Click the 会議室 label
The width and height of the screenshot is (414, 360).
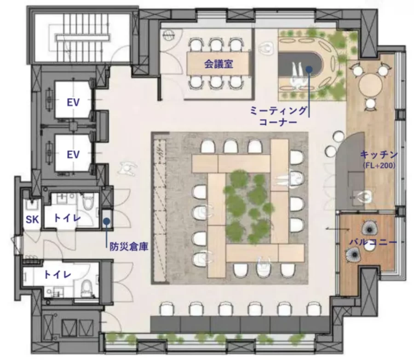[218, 64]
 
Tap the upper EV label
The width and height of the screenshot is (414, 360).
[73, 102]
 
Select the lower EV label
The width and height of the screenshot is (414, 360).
[73, 154]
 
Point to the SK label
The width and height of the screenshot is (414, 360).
[32, 220]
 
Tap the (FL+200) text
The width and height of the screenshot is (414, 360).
[379, 166]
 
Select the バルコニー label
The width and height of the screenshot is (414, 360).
[374, 242]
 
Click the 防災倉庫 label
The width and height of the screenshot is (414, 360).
[129, 247]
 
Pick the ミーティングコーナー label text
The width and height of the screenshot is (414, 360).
[279, 116]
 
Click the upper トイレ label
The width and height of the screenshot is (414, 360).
[67, 218]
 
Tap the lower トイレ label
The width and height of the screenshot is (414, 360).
[57, 274]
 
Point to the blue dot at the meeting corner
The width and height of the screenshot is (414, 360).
[309, 70]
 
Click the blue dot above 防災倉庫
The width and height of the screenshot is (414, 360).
[106, 221]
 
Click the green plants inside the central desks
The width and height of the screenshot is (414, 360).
[248, 208]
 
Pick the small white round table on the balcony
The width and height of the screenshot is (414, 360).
[368, 247]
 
